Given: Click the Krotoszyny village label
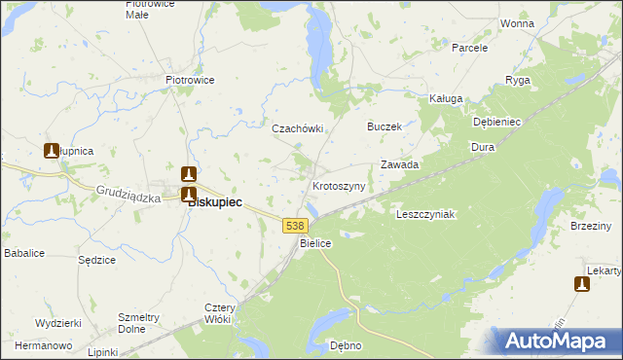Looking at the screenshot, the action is pyautogui.click(x=339, y=186).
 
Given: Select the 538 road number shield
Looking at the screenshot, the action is pyautogui.click(x=296, y=225).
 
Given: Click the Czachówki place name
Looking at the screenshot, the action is pyautogui.click(x=296, y=127).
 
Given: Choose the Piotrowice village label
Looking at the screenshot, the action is pyautogui.click(x=190, y=80).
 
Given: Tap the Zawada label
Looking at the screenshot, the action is pyautogui.click(x=399, y=164).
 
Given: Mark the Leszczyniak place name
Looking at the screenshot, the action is pyautogui.click(x=425, y=214).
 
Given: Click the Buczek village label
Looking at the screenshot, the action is pyautogui.click(x=384, y=126).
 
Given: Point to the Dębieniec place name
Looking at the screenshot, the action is pyautogui.click(x=497, y=123).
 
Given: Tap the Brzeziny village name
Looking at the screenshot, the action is pyautogui.click(x=592, y=226).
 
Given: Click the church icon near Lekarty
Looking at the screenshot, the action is pyautogui.click(x=581, y=284).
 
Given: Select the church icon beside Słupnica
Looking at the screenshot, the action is pyautogui.click(x=52, y=151).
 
